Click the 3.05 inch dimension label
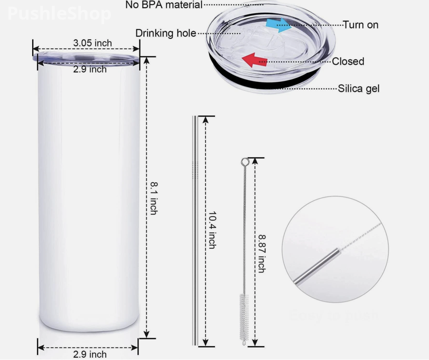coord(93,43)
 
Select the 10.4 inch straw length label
coord(212,230)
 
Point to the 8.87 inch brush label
coord(261,253)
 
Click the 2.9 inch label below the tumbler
coord(90,354)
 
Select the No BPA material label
coord(164,5)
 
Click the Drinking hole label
coord(165,33)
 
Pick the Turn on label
coord(360,25)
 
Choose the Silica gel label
coord(358,88)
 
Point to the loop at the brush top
coord(244,161)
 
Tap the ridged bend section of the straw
coord(195,170)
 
